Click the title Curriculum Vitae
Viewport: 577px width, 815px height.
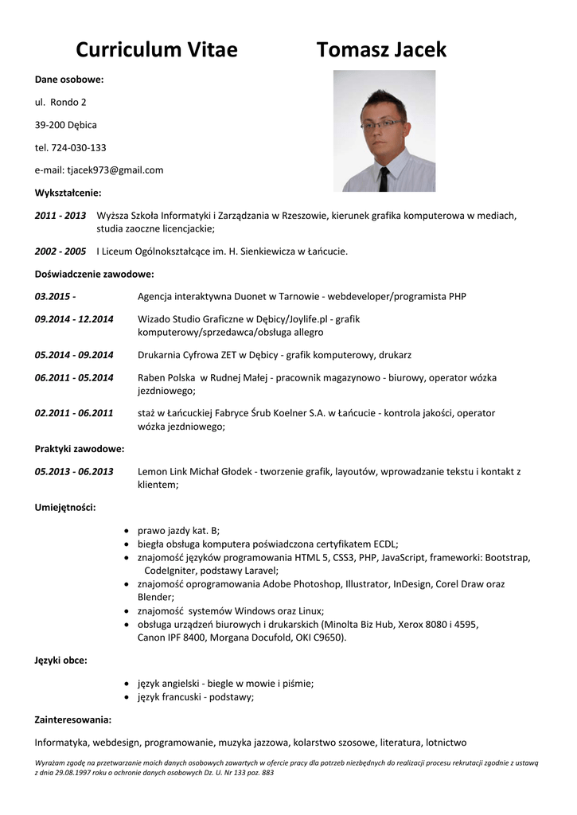click(x=157, y=50)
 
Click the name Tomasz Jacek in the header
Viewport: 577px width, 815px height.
click(x=381, y=50)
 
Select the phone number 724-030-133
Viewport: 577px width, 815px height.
click(x=79, y=147)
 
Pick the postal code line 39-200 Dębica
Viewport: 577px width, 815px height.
click(x=65, y=125)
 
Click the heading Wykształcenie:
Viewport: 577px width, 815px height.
click(x=68, y=193)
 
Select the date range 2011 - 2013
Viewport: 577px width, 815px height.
click(x=60, y=216)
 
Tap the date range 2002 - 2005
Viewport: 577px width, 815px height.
click(x=60, y=251)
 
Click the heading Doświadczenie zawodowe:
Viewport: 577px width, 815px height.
click(x=94, y=274)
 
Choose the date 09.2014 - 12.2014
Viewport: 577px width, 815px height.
click(x=74, y=319)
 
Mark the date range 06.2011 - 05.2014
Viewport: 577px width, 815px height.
click(x=74, y=378)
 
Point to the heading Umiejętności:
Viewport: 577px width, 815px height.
click(x=65, y=507)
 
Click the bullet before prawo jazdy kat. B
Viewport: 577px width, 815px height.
click(x=128, y=530)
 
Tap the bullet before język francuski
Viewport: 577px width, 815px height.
click(x=128, y=697)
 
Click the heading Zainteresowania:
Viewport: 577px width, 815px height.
click(x=72, y=720)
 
